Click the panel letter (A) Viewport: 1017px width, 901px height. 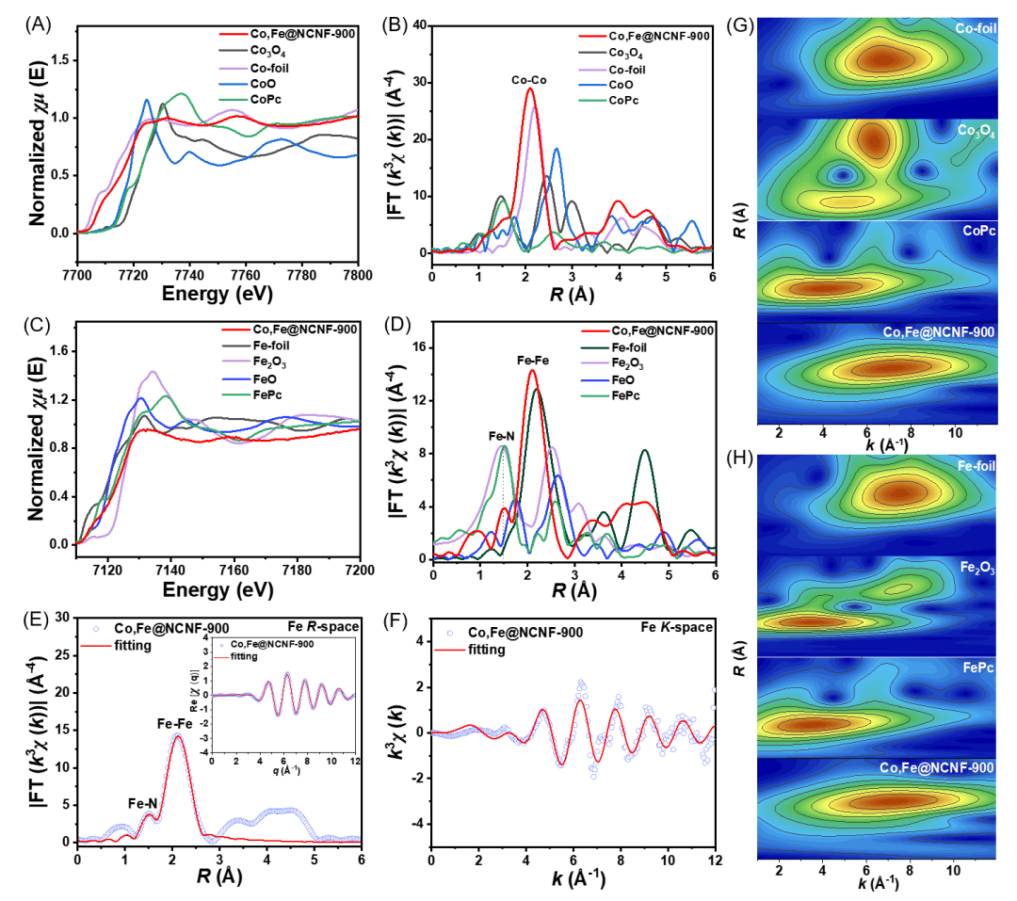coord(38,24)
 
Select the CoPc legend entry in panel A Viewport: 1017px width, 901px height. coord(266,99)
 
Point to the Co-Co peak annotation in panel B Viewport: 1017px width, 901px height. coord(528,80)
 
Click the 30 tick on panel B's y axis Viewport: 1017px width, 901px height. coord(420,83)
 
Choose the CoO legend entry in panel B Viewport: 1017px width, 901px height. coord(621,85)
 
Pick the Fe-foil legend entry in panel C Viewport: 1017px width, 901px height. coord(271,346)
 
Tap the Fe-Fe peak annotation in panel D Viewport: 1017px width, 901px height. coord(532,361)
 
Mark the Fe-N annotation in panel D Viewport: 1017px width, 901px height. coord(501,436)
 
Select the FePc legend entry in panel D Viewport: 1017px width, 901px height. coord(625,395)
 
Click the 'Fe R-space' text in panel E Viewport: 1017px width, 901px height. coord(323,626)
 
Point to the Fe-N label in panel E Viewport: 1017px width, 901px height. coord(142,804)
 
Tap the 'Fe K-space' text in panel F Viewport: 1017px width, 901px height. coord(676,627)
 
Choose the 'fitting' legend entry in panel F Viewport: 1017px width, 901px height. coord(487,650)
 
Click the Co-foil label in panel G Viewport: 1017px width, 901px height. coord(976,28)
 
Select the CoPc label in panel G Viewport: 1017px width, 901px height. coord(978,231)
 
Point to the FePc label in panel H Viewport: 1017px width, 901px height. coord(978,668)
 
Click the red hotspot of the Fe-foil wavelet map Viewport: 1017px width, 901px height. coord(900,493)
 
